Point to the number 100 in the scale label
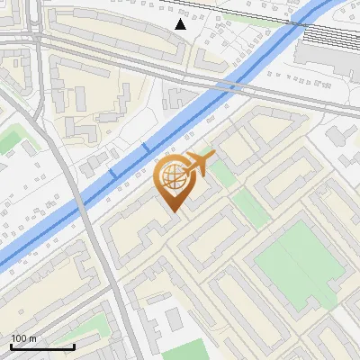tap(20, 338)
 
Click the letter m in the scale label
tap(33, 338)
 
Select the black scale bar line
tap(42, 346)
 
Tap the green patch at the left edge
tap(9, 139)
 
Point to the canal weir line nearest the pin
tap(146, 147)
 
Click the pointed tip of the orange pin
tap(172, 211)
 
